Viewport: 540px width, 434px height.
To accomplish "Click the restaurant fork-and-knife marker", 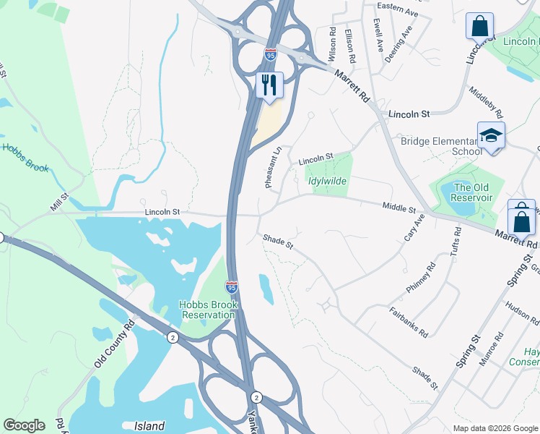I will point(269,85).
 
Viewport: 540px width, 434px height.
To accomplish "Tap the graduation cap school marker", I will point(491,135).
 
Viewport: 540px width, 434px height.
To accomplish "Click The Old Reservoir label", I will point(472,192).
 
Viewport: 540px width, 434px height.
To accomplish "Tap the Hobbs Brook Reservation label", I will point(209,310).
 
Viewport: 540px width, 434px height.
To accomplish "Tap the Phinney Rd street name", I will point(421,277).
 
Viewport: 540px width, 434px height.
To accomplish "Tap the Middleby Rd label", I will point(485,103).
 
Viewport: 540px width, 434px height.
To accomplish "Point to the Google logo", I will point(24,425).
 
